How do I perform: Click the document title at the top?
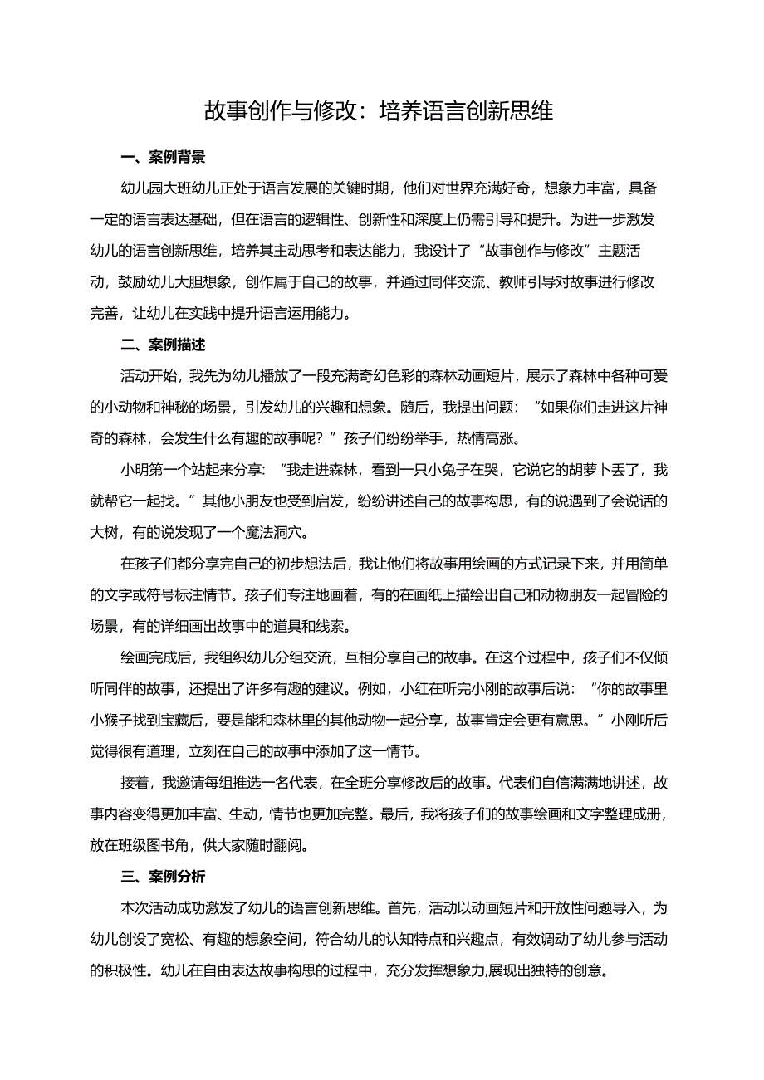[379, 111]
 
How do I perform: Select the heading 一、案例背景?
[164, 156]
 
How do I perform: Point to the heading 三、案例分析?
[164, 877]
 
